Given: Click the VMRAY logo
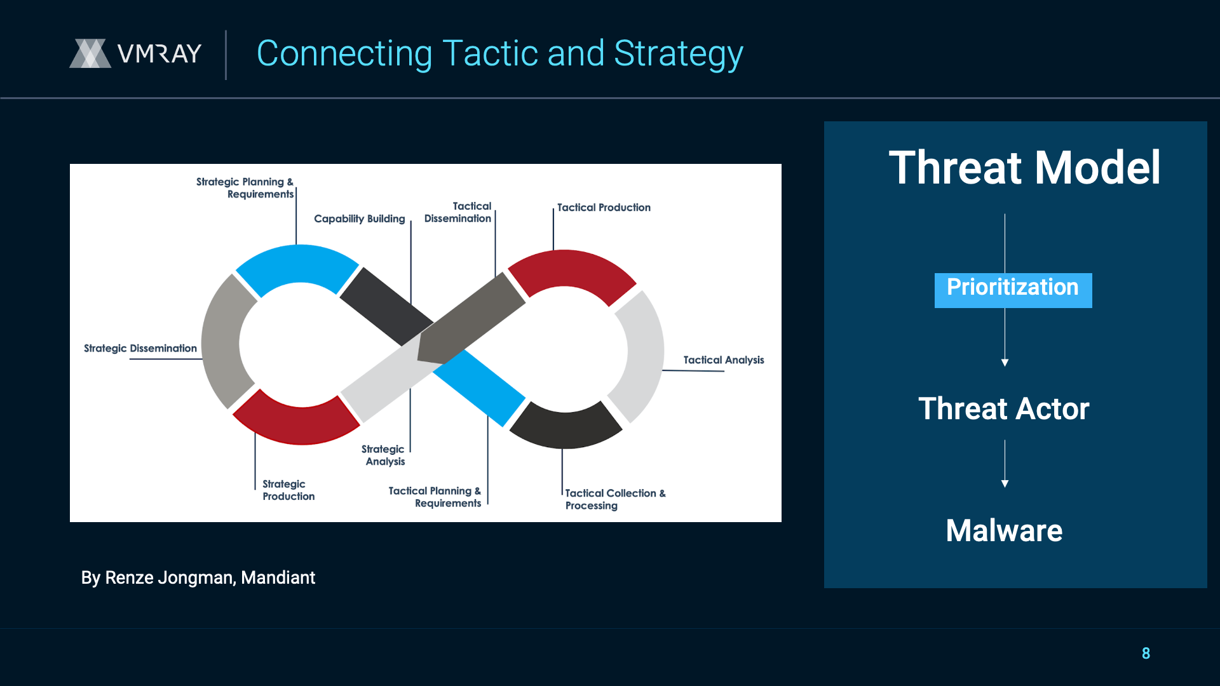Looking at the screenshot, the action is pyautogui.click(x=135, y=53).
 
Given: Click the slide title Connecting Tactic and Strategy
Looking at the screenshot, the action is pyautogui.click(x=499, y=54).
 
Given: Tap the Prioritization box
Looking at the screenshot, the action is pyautogui.click(x=1013, y=290).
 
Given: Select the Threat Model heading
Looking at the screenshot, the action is pyautogui.click(x=1024, y=168).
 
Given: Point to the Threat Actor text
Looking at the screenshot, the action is pyautogui.click(x=1004, y=408).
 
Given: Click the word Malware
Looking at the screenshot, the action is pyautogui.click(x=1004, y=530).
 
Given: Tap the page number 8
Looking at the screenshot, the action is pyautogui.click(x=1146, y=653).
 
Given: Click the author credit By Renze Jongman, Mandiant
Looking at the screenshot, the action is pyautogui.click(x=198, y=577).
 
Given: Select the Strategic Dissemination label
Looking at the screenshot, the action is pyautogui.click(x=140, y=348).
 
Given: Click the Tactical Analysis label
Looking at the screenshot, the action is pyautogui.click(x=724, y=360).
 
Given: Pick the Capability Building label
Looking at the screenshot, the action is pyautogui.click(x=359, y=219).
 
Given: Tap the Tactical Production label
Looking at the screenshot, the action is pyautogui.click(x=604, y=207).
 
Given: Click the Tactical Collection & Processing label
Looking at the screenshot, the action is pyautogui.click(x=615, y=499).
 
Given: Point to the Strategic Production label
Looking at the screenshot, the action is pyautogui.click(x=288, y=490).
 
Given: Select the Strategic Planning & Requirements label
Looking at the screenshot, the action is pyautogui.click(x=245, y=188).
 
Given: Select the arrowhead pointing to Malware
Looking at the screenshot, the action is pyautogui.click(x=1005, y=484).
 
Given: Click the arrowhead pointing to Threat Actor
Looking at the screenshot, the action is pyautogui.click(x=1005, y=363).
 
